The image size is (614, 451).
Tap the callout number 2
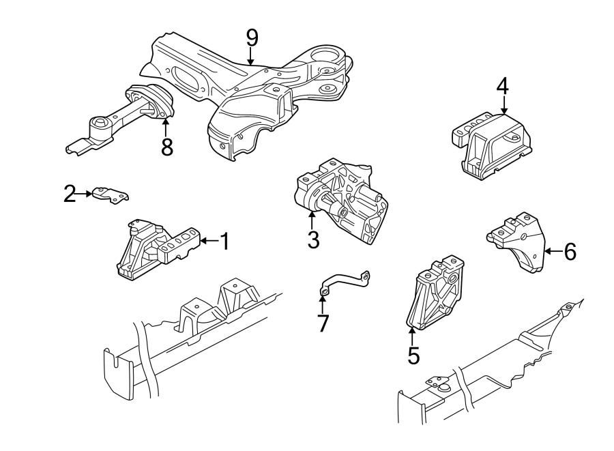(69, 194)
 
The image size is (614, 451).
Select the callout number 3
(312, 240)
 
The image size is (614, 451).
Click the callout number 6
(570, 252)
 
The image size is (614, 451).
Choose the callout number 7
(323, 323)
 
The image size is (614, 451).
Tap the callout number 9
(252, 37)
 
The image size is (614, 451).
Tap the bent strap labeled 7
(345, 282)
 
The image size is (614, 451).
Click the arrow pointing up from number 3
(312, 220)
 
